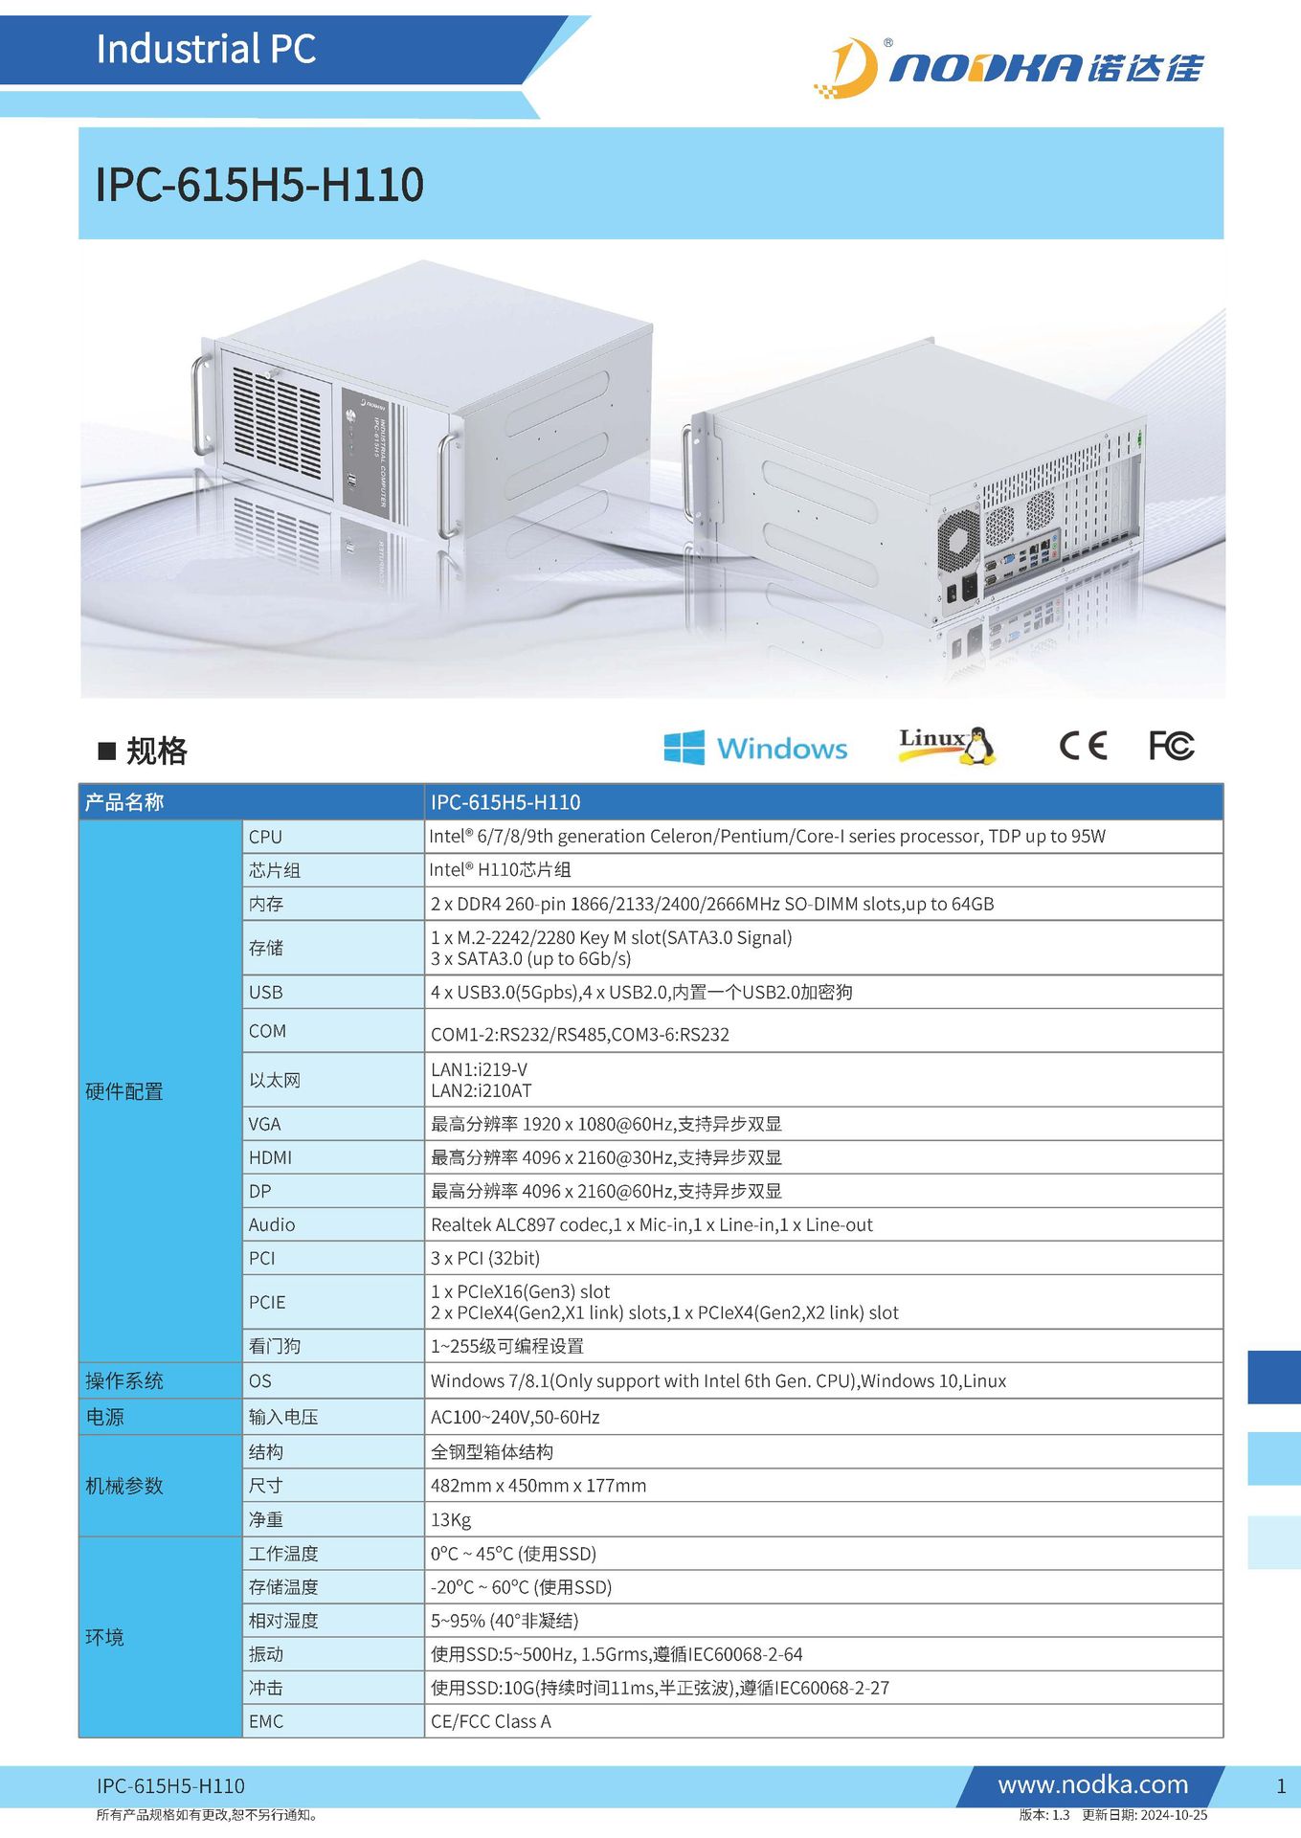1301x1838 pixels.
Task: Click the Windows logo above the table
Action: pyautogui.click(x=755, y=748)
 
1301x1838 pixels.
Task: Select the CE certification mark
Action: pyautogui.click(x=1083, y=746)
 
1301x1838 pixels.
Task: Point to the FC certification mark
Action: pyautogui.click(x=1171, y=746)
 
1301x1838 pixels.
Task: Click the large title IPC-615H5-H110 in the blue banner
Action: pyautogui.click(x=259, y=185)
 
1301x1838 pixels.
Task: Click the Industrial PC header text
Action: pyautogui.click(x=206, y=49)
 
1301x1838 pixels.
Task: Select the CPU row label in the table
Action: pyautogui.click(x=265, y=837)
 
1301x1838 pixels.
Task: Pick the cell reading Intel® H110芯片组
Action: pyautogui.click(x=500, y=870)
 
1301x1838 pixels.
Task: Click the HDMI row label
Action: pyautogui.click(x=270, y=1157)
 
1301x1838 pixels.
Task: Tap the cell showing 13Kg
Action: pyautogui.click(x=451, y=1520)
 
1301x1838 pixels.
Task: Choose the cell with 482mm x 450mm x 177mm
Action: pyautogui.click(x=538, y=1486)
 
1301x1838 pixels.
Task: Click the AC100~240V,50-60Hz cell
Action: pyautogui.click(x=515, y=1417)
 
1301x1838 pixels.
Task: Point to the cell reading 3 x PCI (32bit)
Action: pyautogui.click(x=485, y=1258)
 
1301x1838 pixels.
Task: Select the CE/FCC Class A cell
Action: pyautogui.click(x=491, y=1721)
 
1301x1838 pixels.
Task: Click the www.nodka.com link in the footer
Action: pyautogui.click(x=1092, y=1784)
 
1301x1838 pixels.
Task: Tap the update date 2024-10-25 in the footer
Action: pyautogui.click(x=1174, y=1815)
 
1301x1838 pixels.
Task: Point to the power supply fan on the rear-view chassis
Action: pyautogui.click(x=958, y=538)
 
